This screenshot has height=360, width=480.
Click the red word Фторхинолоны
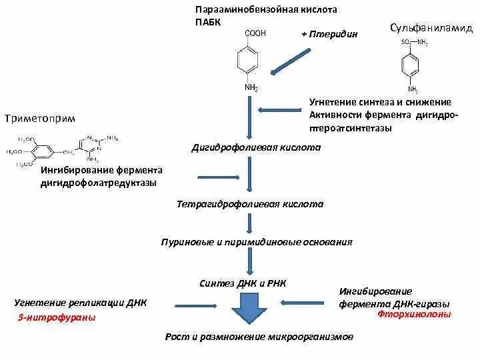click(x=413, y=314)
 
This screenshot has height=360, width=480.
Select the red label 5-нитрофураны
click(x=57, y=318)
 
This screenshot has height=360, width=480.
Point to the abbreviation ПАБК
click(x=207, y=22)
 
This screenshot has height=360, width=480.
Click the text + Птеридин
click(x=329, y=34)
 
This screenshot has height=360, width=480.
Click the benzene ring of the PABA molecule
click(x=250, y=61)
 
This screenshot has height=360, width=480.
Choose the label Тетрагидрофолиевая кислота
click(x=250, y=204)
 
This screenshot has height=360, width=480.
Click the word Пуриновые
click(x=187, y=242)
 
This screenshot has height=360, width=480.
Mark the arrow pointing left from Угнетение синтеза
click(x=279, y=110)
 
